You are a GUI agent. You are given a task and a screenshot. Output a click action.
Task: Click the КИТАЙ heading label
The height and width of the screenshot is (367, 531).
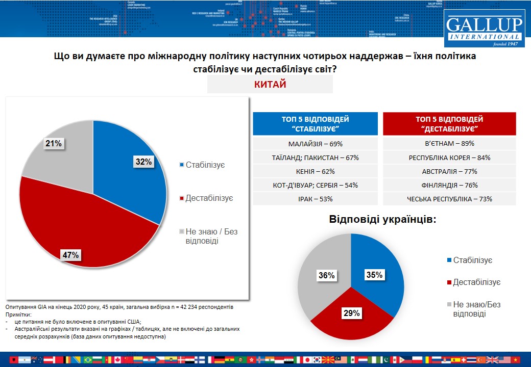click(x=270, y=85)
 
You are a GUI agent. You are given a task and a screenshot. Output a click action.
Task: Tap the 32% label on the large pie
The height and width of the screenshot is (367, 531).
click(x=143, y=162)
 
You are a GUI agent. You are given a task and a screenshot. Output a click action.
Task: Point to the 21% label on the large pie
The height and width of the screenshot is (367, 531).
click(x=53, y=144)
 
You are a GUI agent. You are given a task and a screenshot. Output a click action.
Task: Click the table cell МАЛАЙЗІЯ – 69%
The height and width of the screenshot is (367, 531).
click(x=315, y=144)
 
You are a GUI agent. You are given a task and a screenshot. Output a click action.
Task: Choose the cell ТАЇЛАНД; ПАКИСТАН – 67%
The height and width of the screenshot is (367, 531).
click(x=315, y=158)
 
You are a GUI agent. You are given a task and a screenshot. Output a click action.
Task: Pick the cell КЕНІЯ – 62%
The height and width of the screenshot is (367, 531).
click(x=315, y=171)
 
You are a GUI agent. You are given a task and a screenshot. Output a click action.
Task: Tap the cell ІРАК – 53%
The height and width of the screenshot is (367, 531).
click(x=315, y=199)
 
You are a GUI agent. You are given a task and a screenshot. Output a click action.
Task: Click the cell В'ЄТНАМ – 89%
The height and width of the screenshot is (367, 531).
click(x=449, y=144)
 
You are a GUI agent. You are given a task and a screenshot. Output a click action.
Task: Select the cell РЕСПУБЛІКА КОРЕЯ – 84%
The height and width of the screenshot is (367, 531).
click(x=449, y=158)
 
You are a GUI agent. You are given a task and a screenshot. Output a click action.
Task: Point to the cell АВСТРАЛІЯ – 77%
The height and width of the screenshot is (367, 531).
click(x=449, y=171)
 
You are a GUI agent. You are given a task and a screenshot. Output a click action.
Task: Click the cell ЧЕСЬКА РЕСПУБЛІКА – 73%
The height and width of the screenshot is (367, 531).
click(x=449, y=199)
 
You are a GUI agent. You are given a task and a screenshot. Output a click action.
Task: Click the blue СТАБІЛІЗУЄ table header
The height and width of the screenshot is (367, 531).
click(x=315, y=124)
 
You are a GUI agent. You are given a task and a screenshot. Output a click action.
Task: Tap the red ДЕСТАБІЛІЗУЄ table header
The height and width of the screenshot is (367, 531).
click(x=449, y=124)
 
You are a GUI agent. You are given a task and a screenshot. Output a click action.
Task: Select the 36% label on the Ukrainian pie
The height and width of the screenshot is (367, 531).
click(x=326, y=275)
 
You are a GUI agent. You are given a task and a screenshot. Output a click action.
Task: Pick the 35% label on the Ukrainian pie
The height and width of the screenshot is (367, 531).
click(x=374, y=275)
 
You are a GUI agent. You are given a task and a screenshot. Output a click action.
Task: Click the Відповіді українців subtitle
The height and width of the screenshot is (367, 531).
click(x=382, y=220)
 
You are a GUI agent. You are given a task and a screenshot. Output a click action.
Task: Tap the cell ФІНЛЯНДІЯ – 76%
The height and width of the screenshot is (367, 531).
click(x=449, y=185)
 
